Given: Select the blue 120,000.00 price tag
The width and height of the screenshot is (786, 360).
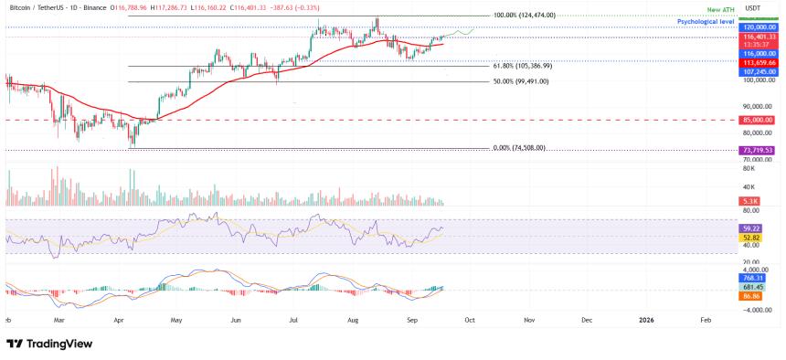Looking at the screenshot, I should click(x=759, y=28).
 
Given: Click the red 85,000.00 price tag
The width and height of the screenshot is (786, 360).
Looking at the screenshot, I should click(x=758, y=120).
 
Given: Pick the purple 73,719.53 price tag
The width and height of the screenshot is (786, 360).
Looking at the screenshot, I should click(x=758, y=150).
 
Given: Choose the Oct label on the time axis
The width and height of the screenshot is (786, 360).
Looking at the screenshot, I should click(x=468, y=321).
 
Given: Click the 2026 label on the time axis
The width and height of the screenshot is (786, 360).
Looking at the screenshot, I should click(x=646, y=321).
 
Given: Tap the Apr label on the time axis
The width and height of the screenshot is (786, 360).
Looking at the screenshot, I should click(x=118, y=321).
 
